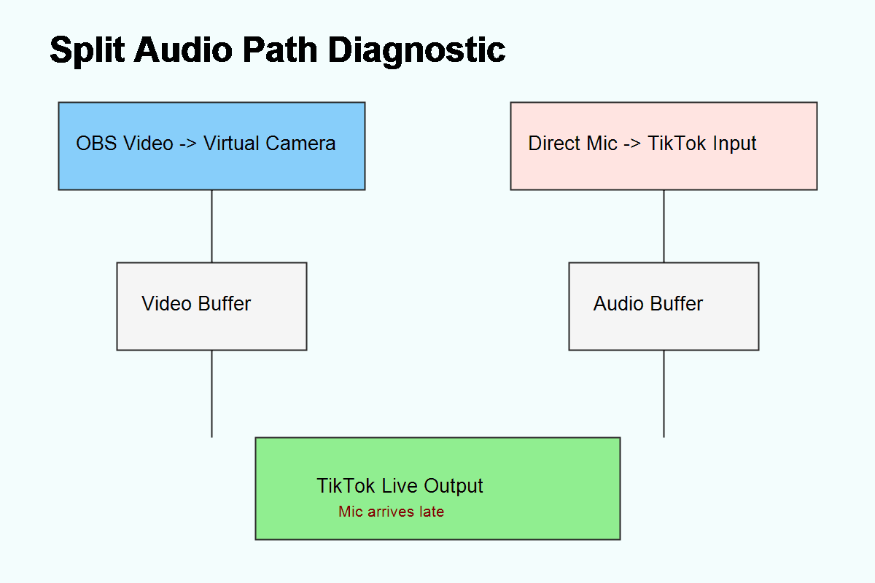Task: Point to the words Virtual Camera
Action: click(x=269, y=144)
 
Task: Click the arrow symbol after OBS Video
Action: click(x=187, y=144)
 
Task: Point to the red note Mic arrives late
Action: click(x=391, y=512)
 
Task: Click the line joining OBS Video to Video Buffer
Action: click(x=211, y=226)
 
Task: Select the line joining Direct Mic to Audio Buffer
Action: click(x=664, y=226)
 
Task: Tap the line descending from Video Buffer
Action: click(x=211, y=394)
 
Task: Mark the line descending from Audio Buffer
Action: click(x=664, y=394)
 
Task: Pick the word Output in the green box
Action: click(x=454, y=486)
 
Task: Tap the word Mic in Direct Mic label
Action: click(x=602, y=144)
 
